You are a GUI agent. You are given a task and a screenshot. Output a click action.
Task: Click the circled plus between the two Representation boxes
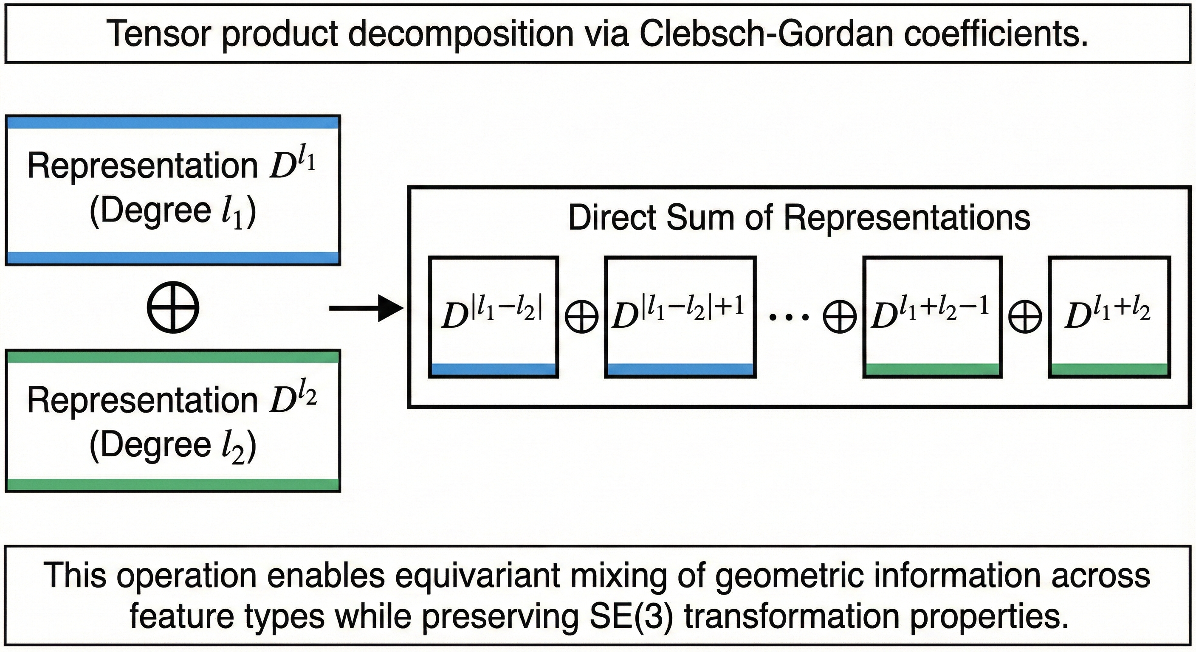173,308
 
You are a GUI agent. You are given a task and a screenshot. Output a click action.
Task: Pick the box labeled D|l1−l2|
493,317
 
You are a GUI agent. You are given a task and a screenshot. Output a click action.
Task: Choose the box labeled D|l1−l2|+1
680,317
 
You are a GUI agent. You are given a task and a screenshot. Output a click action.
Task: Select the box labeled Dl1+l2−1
932,317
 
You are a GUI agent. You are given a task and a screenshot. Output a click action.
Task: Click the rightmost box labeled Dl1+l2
1109,317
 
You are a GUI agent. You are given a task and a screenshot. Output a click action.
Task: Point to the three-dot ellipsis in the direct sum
789,318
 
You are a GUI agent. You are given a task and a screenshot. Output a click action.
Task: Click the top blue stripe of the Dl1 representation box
173,123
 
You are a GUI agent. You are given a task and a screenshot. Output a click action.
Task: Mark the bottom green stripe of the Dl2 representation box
173,484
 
